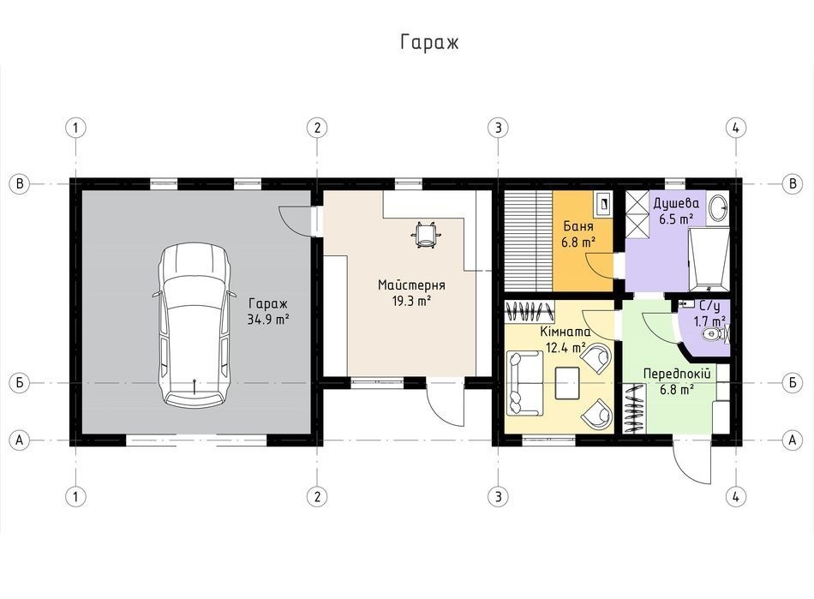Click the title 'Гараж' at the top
[x=429, y=43]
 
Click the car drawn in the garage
[x=193, y=326]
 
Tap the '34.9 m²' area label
[x=268, y=320]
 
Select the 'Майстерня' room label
[x=411, y=285]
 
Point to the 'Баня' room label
[x=578, y=226]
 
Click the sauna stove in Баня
[x=604, y=203]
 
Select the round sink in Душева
[x=719, y=207]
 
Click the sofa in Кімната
[x=524, y=384]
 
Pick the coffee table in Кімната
[x=567, y=383]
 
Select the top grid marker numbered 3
[x=499, y=127]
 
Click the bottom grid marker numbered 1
[x=75, y=496]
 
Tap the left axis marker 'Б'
[x=20, y=382]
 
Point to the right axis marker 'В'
[x=793, y=183]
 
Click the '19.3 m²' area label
[x=411, y=301]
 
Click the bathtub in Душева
[x=709, y=259]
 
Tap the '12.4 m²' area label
[x=566, y=347]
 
